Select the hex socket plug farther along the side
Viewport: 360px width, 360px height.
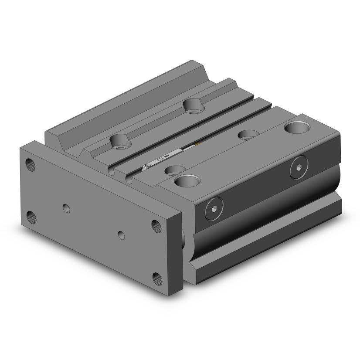pos(298,170)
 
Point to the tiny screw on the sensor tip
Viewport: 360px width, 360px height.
pos(148,166)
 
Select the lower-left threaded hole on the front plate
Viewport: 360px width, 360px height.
pos(31,215)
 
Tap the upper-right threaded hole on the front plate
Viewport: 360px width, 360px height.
pos(156,225)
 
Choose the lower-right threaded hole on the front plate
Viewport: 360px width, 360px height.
pos(156,277)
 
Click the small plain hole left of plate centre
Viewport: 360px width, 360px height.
pos(66,207)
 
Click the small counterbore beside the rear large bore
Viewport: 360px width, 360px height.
pos(248,135)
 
